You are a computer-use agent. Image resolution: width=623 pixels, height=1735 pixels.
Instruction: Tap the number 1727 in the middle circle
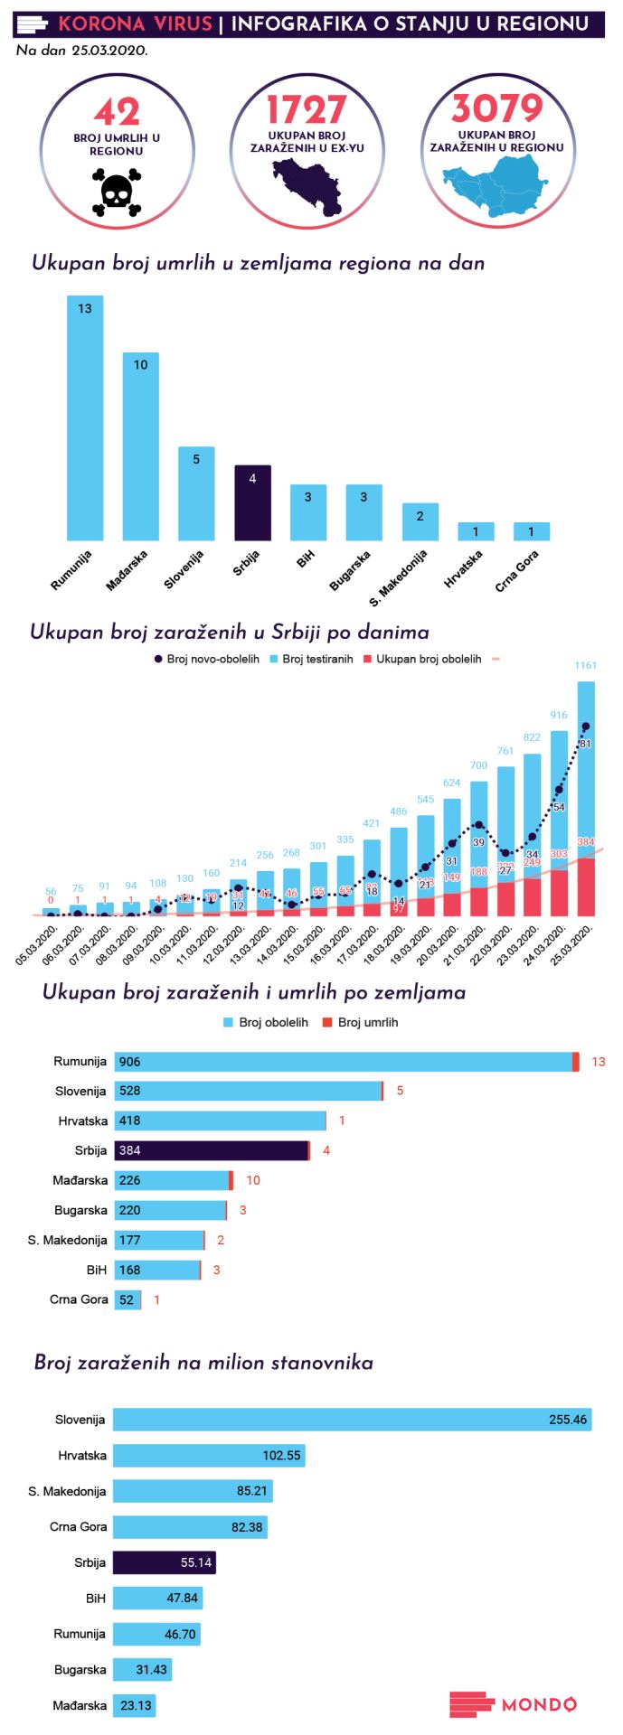point(307,110)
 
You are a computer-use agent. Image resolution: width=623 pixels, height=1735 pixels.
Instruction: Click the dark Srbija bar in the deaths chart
point(252,502)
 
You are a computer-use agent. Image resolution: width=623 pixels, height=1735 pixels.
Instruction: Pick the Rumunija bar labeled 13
point(85,417)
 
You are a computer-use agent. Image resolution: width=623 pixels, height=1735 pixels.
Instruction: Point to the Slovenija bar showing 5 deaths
point(196,492)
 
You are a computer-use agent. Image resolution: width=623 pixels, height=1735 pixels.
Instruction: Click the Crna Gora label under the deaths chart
point(517,571)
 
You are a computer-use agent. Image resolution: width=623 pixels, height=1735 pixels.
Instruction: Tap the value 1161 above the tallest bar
point(585,665)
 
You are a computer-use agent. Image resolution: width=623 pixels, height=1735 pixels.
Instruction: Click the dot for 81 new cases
point(585,727)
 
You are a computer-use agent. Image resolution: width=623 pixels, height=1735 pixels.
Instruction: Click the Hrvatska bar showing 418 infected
point(220,1121)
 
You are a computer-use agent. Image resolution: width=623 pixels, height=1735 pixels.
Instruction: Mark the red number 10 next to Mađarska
point(253,1180)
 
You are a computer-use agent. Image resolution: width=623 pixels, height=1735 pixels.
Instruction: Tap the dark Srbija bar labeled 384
point(212,1150)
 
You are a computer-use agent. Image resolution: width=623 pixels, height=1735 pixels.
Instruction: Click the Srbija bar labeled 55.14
point(164,1562)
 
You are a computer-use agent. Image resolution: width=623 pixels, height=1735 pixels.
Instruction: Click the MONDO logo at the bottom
point(513,1704)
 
